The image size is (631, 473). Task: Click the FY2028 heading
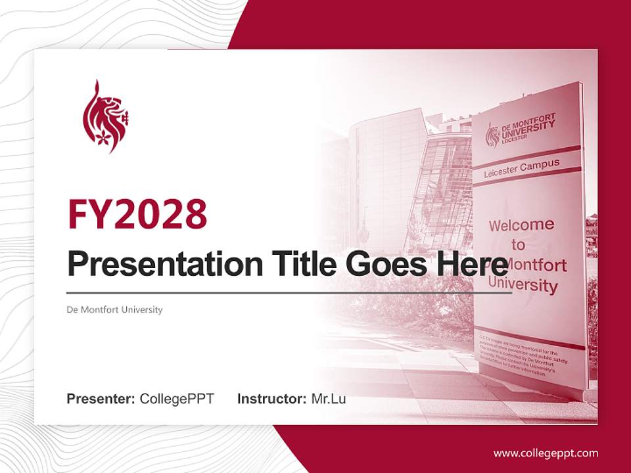(x=137, y=214)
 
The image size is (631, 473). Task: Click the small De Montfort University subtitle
(x=114, y=309)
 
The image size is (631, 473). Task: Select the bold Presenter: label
(x=101, y=399)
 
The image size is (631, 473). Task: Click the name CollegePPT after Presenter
(x=177, y=399)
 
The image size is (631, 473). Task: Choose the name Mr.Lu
(x=329, y=399)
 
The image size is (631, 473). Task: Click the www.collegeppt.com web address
(x=546, y=453)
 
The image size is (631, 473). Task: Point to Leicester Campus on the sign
(x=522, y=168)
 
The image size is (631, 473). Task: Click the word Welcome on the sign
(x=521, y=225)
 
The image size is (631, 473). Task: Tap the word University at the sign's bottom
(x=523, y=285)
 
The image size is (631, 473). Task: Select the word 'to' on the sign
(x=519, y=245)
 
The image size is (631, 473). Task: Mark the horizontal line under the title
(x=289, y=292)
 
